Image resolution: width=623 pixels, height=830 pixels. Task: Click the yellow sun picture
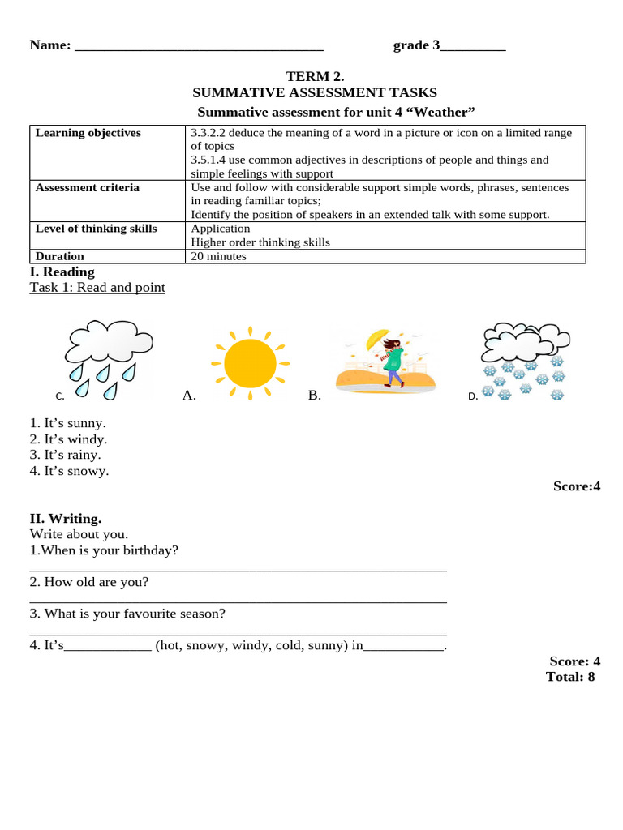coord(249,362)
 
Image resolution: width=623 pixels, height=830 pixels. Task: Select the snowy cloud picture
coord(523,362)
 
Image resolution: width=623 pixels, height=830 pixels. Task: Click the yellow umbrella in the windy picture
coord(377,337)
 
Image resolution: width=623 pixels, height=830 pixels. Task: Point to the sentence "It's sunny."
coord(68,423)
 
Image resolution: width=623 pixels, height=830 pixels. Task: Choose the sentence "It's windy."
coord(68,439)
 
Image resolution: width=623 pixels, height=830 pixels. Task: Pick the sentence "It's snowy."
coord(69,471)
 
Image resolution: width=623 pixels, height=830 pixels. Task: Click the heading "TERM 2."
coord(314,77)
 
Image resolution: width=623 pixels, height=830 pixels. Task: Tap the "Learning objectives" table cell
coord(88,133)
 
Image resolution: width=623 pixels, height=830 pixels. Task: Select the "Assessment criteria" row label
coord(87,187)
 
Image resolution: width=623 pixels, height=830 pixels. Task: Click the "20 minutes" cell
coord(218,256)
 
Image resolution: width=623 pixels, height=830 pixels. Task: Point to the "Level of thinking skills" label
coord(96,229)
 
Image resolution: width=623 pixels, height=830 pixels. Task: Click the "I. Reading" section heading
coord(62,272)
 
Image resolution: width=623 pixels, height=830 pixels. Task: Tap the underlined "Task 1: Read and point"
coord(97,288)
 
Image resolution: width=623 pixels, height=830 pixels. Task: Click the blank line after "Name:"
coord(199,46)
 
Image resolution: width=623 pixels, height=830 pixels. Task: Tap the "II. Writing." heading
coord(66,519)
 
